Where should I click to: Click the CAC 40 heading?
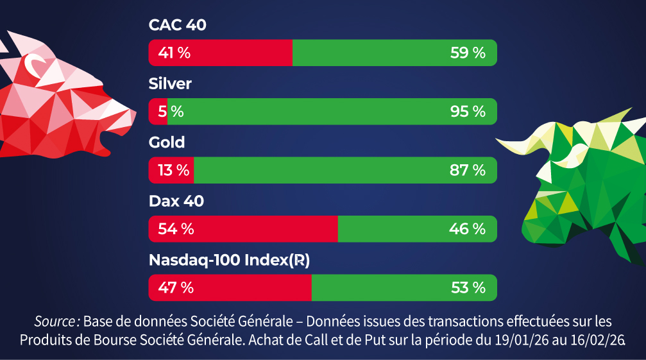tap(177, 25)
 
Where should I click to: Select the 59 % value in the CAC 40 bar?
tap(468, 53)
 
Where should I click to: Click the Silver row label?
tap(170, 83)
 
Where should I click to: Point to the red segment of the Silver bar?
tap(157, 112)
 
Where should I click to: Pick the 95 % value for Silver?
tap(468, 112)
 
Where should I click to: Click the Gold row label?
tap(167, 142)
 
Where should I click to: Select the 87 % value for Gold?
tap(468, 170)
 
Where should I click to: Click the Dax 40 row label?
tap(176, 201)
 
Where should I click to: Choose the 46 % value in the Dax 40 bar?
tap(468, 229)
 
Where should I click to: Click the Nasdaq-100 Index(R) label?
tap(229, 260)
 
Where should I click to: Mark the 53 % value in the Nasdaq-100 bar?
tap(468, 287)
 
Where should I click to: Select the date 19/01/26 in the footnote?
tap(518, 339)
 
